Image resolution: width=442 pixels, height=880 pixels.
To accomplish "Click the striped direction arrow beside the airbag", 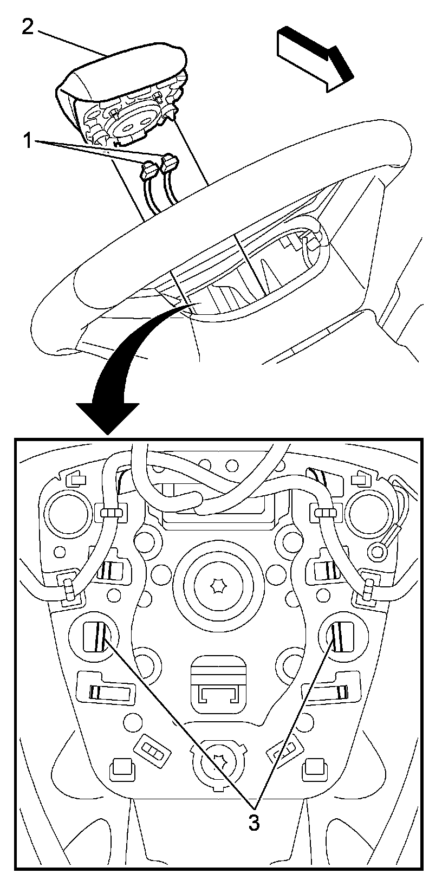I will pyautogui.click(x=315, y=59).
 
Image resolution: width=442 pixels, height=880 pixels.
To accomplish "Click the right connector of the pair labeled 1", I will pyautogui.click(x=170, y=161).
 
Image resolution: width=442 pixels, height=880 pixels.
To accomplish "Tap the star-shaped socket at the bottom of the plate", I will pyautogui.click(x=218, y=764).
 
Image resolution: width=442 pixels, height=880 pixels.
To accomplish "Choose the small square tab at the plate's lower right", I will pyautogui.click(x=314, y=767).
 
